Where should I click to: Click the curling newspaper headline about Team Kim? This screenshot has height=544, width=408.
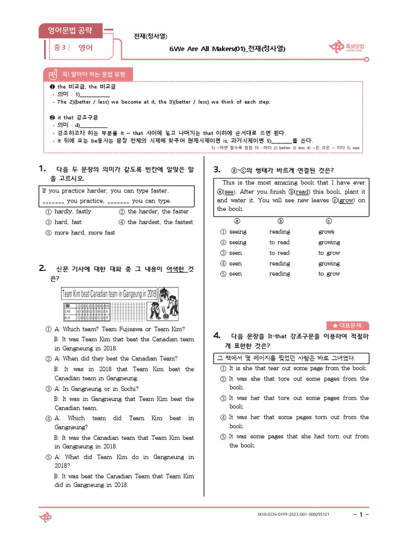(x=109, y=294)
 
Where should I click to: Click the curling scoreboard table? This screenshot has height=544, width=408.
(x=87, y=312)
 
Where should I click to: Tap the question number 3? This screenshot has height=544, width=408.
(x=217, y=169)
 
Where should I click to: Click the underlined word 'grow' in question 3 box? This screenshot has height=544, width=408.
(x=347, y=201)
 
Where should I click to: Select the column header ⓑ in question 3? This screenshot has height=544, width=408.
(x=281, y=221)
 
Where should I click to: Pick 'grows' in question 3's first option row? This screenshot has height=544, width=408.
(x=326, y=232)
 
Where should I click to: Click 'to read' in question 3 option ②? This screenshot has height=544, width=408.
(x=279, y=242)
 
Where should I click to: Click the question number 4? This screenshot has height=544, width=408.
(x=217, y=335)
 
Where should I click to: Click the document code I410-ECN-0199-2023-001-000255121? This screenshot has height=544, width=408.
(x=293, y=515)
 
